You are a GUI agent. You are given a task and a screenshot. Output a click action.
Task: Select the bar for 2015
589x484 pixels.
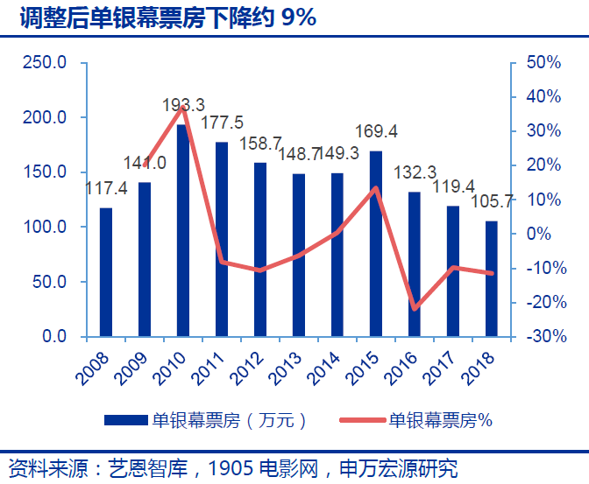click(x=375, y=243)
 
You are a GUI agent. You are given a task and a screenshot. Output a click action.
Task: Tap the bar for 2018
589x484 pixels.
click(x=491, y=278)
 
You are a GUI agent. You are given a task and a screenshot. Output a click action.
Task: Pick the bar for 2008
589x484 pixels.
click(x=106, y=272)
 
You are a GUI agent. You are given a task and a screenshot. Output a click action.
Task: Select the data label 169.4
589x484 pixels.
click(x=375, y=131)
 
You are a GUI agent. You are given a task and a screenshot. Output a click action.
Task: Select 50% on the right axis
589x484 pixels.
click(x=543, y=63)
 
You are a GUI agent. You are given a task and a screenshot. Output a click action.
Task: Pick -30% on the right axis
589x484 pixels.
click(x=543, y=337)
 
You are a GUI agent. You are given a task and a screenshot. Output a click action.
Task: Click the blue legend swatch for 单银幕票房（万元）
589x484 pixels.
click(x=125, y=420)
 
